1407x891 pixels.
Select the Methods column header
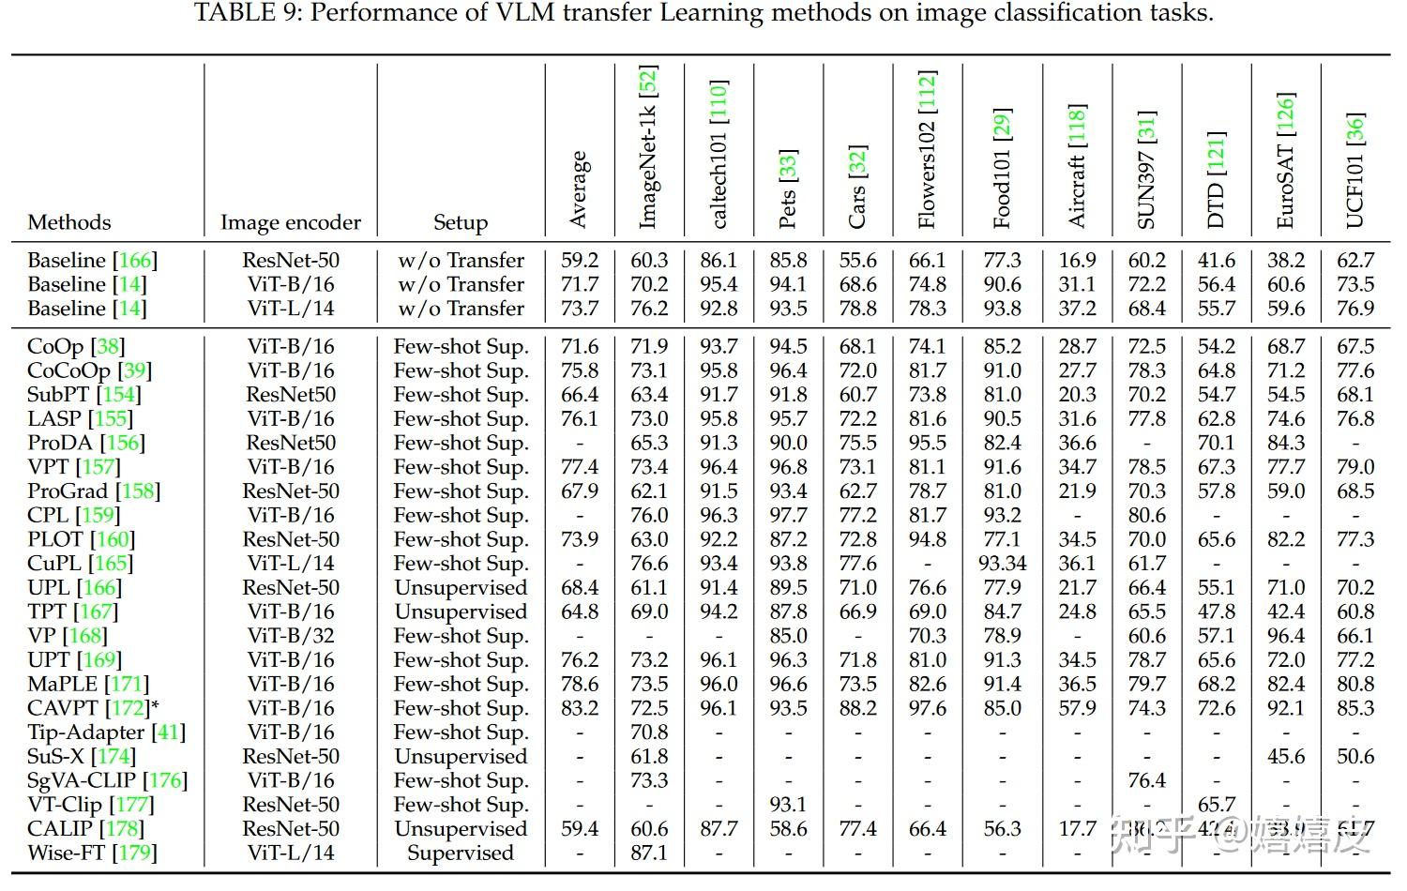69,222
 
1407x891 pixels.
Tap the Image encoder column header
290,222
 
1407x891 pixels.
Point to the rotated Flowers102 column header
927,150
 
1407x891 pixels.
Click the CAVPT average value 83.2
580,708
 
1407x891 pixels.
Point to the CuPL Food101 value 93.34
1002,564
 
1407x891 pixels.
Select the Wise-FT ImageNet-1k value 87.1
649,853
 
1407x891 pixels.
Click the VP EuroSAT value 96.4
1285,636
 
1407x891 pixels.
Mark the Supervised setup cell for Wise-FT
461,853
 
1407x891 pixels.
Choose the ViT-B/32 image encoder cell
291,636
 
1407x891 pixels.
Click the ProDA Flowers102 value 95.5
927,443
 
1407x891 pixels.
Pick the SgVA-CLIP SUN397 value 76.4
1146,780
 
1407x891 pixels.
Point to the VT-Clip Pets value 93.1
788,805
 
